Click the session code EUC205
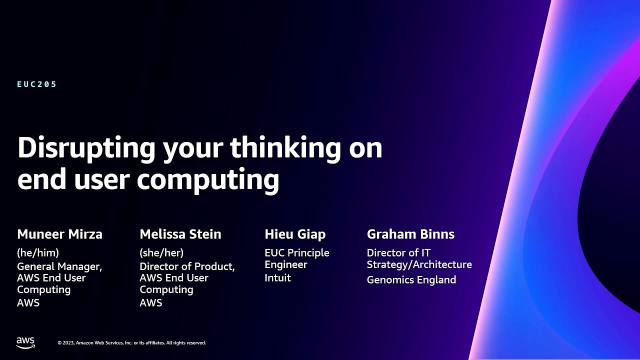click(x=37, y=84)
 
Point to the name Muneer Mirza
click(x=59, y=234)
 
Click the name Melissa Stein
click(x=180, y=234)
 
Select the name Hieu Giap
click(x=295, y=234)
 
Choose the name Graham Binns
click(x=410, y=234)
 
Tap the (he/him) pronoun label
click(x=38, y=252)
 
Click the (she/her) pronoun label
click(x=161, y=252)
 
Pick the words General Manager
click(x=59, y=266)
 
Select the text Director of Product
click(x=186, y=266)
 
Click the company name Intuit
click(x=277, y=278)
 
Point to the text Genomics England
click(x=411, y=280)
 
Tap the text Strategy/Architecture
click(x=419, y=264)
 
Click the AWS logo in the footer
click(x=25, y=342)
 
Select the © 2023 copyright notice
click(x=131, y=343)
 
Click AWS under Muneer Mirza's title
click(x=28, y=303)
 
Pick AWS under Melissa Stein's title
click(x=150, y=303)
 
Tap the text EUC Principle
click(x=296, y=253)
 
